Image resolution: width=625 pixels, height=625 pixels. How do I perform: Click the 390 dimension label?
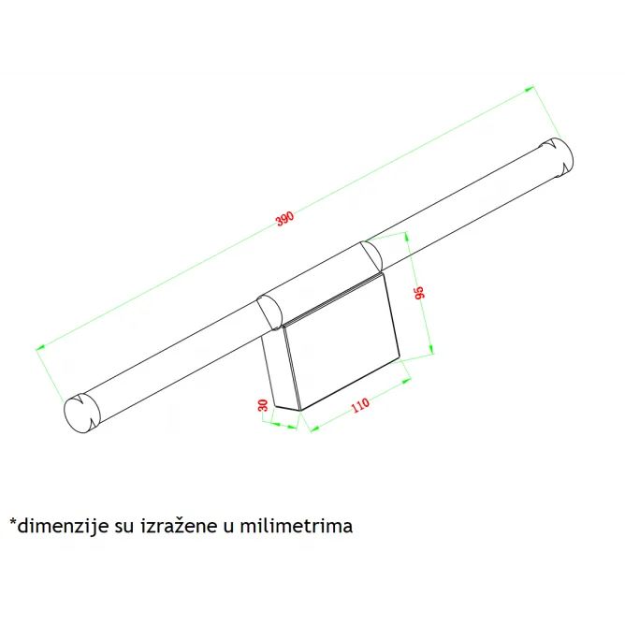[x=285, y=218]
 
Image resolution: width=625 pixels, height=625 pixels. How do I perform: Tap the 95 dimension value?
[x=420, y=292]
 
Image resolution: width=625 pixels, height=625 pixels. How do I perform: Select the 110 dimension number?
[x=360, y=405]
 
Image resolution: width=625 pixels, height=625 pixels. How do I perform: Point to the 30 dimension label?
[x=263, y=405]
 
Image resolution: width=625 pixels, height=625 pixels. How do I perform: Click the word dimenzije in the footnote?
[x=63, y=526]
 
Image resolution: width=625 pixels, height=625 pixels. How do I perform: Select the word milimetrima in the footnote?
[x=297, y=526]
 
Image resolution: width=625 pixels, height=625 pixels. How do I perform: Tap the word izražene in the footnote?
[x=180, y=526]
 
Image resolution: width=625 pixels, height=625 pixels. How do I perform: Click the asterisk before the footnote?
[x=13, y=521]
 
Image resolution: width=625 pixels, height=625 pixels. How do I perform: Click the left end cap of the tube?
[x=80, y=414]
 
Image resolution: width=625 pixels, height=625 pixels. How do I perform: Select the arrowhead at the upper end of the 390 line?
[x=529, y=89]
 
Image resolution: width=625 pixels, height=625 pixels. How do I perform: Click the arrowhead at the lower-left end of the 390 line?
[x=40, y=347]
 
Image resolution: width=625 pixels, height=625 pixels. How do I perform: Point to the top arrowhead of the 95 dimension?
[x=407, y=237]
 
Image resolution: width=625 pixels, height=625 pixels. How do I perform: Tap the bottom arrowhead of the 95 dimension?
[x=431, y=349]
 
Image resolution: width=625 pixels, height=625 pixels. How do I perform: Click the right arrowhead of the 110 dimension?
[x=406, y=381]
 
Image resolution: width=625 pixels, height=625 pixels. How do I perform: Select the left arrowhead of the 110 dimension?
[x=315, y=429]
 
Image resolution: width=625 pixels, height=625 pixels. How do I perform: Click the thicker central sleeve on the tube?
[x=319, y=285]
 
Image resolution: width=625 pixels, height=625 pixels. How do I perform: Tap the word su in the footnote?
[x=124, y=528]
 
